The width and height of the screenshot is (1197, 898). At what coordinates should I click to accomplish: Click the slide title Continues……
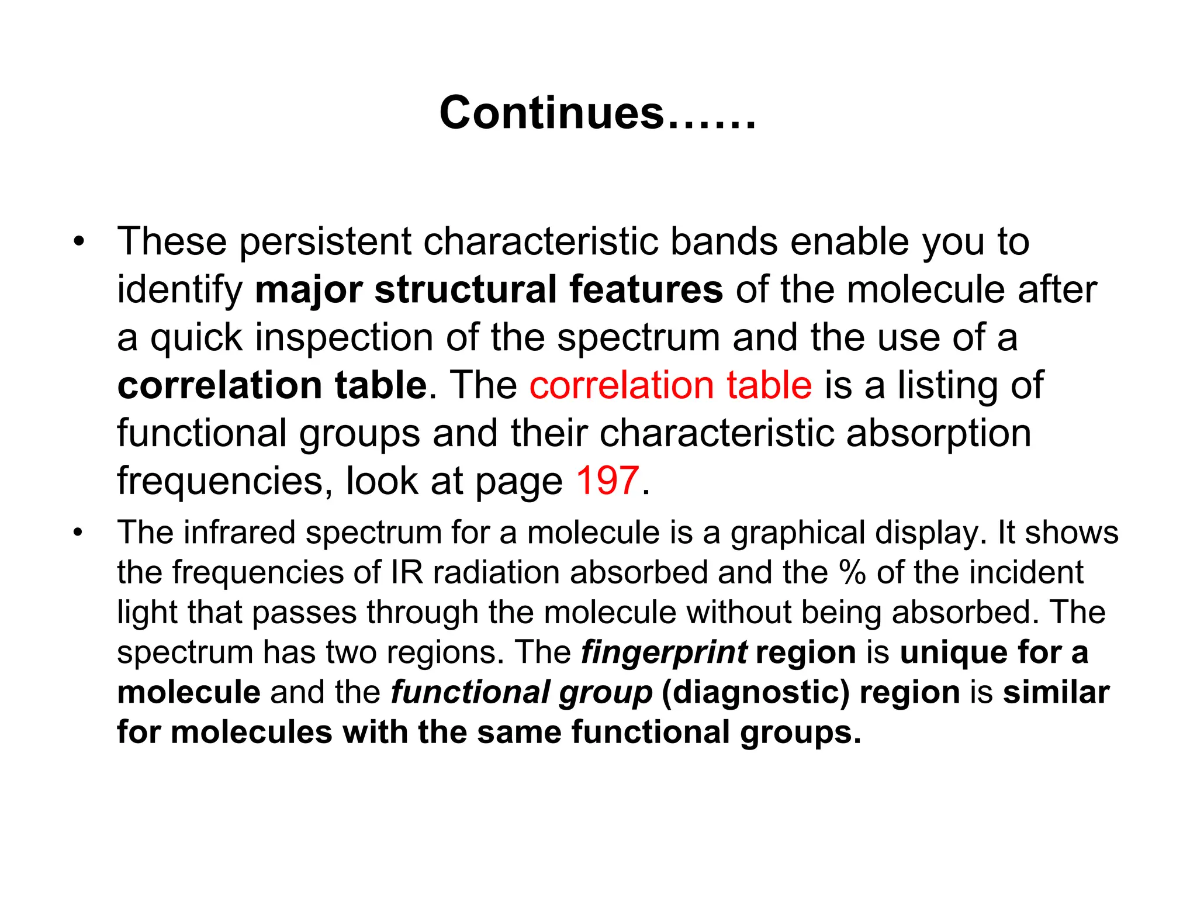(597, 113)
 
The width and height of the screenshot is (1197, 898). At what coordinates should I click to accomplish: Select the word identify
(179, 291)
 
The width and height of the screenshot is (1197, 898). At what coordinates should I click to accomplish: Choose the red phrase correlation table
(670, 385)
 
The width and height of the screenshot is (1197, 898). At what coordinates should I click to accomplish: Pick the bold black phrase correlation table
(272, 385)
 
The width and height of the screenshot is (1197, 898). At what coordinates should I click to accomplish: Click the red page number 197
(607, 481)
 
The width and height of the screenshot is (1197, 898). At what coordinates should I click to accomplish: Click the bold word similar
(1056, 692)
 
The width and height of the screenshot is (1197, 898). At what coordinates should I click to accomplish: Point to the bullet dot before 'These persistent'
(79, 241)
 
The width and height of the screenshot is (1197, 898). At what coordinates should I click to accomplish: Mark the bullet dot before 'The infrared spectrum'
(79, 533)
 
